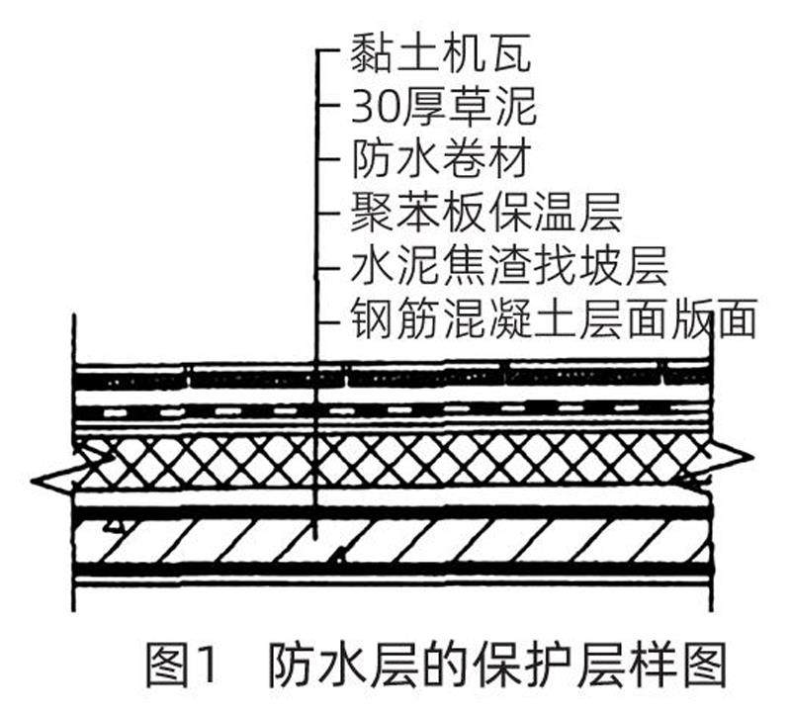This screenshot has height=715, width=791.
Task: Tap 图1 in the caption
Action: (179, 664)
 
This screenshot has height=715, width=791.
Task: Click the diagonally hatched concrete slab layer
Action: (395, 540)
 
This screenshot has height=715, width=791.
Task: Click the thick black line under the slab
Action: (395, 571)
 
